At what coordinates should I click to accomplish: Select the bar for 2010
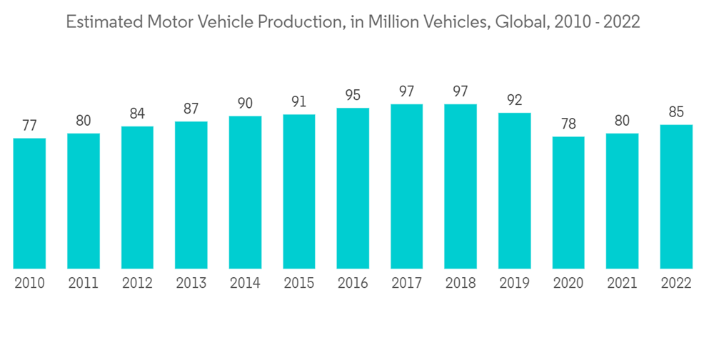29,204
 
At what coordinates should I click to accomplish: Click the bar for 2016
353,189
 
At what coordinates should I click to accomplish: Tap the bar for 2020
568,203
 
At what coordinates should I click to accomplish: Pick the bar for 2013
191,195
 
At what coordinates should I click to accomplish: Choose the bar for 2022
676,197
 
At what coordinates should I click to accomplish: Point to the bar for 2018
461,186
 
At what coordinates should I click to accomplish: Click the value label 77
29,126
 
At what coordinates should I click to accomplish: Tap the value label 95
353,95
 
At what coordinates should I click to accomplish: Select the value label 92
515,100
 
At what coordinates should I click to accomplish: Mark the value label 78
568,124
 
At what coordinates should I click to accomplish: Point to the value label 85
676,112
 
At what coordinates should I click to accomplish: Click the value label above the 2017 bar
406,91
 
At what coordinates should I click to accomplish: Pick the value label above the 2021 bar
623,121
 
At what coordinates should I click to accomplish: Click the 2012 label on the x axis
137,284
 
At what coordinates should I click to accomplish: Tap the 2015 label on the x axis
298,284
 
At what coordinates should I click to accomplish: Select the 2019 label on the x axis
515,284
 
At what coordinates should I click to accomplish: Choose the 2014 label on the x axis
245,284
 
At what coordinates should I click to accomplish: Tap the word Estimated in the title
102,23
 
